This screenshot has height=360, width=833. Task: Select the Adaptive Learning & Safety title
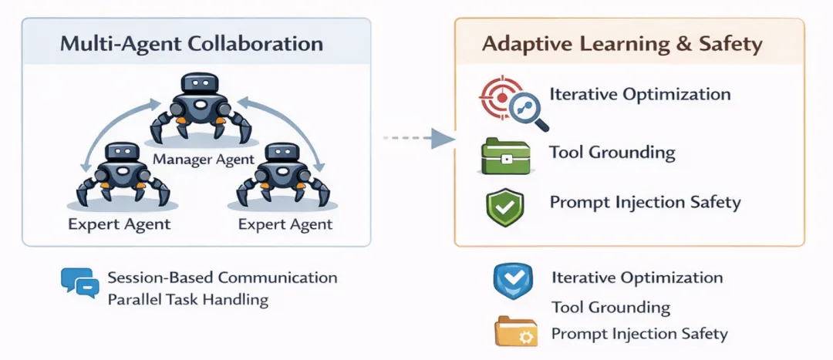622,43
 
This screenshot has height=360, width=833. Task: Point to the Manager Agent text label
204,160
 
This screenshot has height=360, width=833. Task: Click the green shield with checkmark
504,205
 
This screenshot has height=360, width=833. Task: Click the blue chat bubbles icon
80,283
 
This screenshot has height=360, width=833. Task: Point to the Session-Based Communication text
222,276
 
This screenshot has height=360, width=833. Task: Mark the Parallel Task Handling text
188,299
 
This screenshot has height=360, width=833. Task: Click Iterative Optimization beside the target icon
639,94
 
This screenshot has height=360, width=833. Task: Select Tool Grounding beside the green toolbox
612,152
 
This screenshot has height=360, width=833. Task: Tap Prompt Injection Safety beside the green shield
645,203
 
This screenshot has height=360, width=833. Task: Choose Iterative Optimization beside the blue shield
637,278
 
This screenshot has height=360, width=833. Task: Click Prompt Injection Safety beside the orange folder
639,334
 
